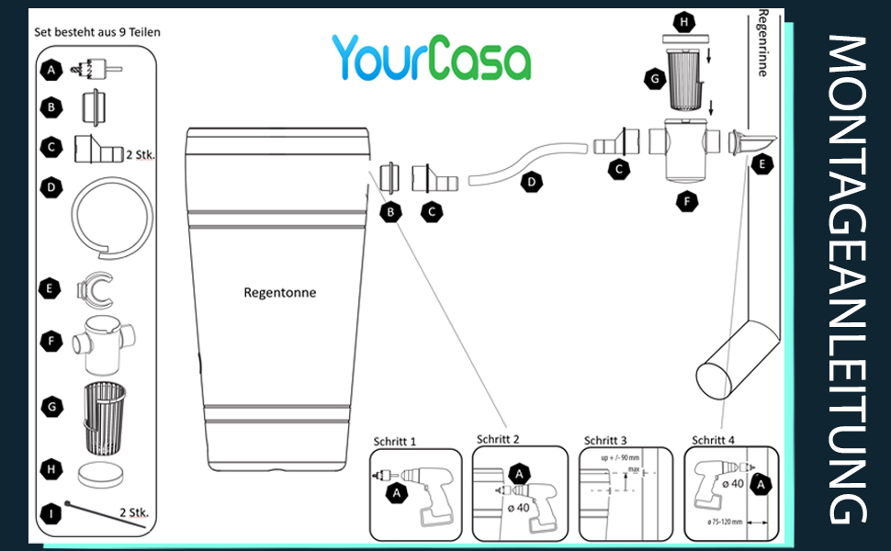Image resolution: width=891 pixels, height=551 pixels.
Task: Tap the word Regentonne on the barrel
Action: pyautogui.click(x=281, y=293)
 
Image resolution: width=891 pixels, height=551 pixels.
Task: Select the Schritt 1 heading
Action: pyautogui.click(x=395, y=441)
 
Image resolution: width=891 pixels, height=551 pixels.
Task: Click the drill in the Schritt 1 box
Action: pyautogui.click(x=418, y=486)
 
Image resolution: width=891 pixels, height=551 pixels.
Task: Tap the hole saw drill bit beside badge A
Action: pyautogui.click(x=96, y=69)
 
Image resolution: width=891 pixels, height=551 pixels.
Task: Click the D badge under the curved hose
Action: pyautogui.click(x=531, y=183)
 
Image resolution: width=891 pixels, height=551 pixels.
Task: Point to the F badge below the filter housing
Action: pyautogui.click(x=683, y=201)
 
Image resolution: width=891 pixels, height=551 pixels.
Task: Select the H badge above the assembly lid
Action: pyautogui.click(x=682, y=20)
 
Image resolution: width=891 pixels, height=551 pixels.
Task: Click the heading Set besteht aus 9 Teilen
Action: pyautogui.click(x=97, y=31)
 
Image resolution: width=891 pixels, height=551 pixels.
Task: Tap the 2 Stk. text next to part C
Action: pyautogui.click(x=140, y=154)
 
